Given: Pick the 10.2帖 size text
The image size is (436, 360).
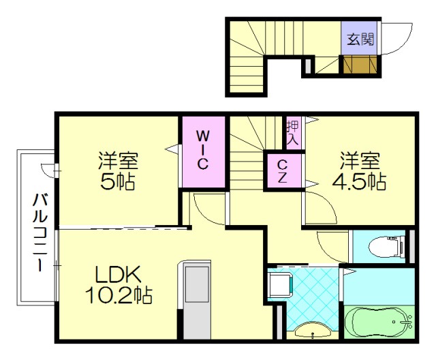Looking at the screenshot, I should [118, 297].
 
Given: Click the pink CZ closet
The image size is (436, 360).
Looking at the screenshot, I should [281, 170].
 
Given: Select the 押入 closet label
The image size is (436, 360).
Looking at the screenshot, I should [293, 133].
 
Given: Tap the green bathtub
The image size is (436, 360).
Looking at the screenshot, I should [377, 322].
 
